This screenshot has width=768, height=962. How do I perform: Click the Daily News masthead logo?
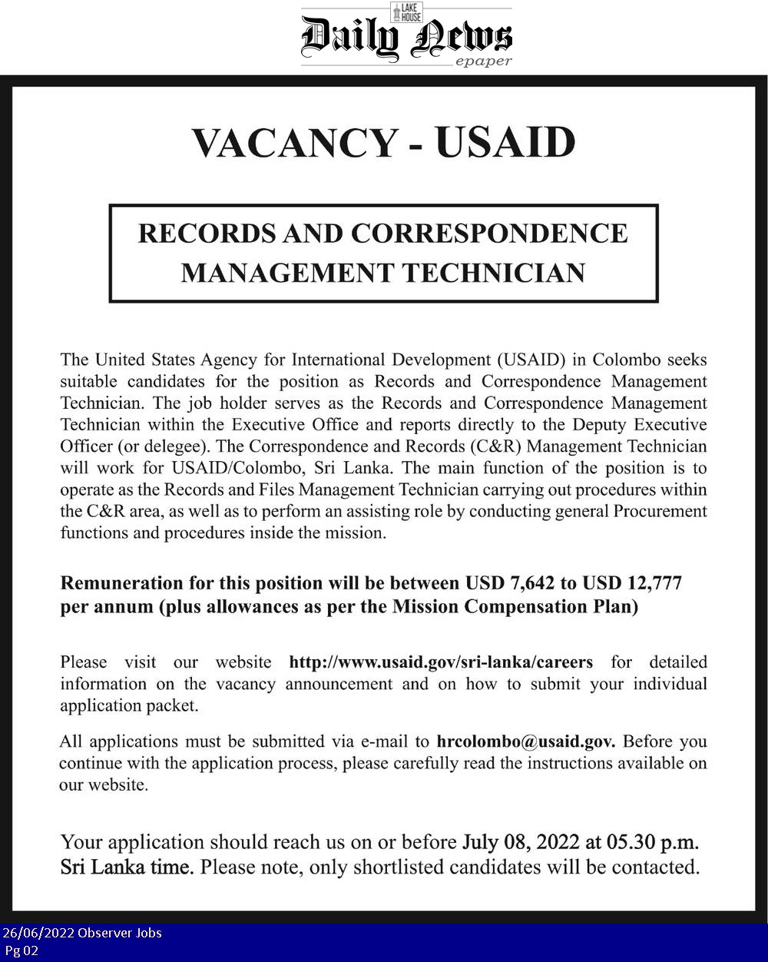(406, 37)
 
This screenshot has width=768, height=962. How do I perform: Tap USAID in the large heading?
(505, 142)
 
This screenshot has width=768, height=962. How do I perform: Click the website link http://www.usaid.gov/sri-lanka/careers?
(440, 662)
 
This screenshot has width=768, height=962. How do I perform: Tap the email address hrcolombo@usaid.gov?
(525, 742)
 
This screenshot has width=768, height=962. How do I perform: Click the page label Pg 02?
(21, 950)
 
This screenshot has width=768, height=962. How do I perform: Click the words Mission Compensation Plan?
(515, 606)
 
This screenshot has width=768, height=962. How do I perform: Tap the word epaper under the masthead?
(483, 62)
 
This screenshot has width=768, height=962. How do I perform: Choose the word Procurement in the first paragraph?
(659, 512)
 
